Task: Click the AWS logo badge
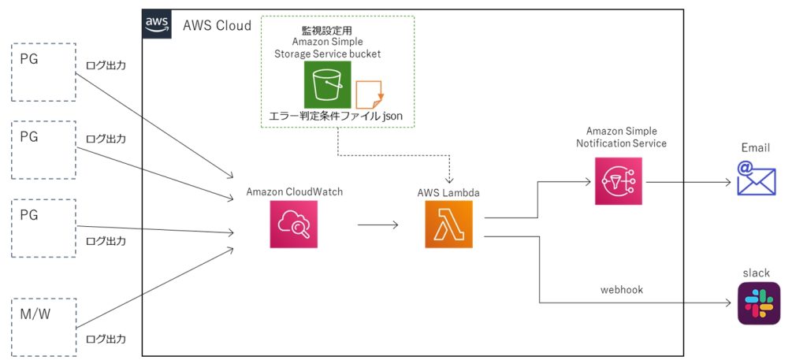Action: click(x=157, y=24)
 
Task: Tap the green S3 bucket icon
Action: click(x=327, y=85)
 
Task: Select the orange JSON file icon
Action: click(x=369, y=95)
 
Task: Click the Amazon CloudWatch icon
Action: click(x=294, y=225)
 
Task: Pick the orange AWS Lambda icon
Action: click(x=448, y=225)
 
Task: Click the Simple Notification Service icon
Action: click(x=619, y=181)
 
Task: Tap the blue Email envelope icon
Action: click(x=756, y=178)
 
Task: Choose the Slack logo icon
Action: click(x=759, y=303)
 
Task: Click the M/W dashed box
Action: click(x=43, y=327)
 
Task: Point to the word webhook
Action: click(x=622, y=290)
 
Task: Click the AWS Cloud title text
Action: click(x=218, y=25)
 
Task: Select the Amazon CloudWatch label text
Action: click(x=295, y=192)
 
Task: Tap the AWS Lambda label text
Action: click(x=448, y=193)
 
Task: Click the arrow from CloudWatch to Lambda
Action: click(x=377, y=225)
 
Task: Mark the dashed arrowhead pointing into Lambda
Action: click(x=451, y=180)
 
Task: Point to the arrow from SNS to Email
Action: click(x=689, y=182)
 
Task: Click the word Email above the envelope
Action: click(x=756, y=148)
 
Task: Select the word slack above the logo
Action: click(x=757, y=273)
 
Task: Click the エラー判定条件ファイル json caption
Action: click(x=335, y=117)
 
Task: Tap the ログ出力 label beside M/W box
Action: click(x=106, y=339)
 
